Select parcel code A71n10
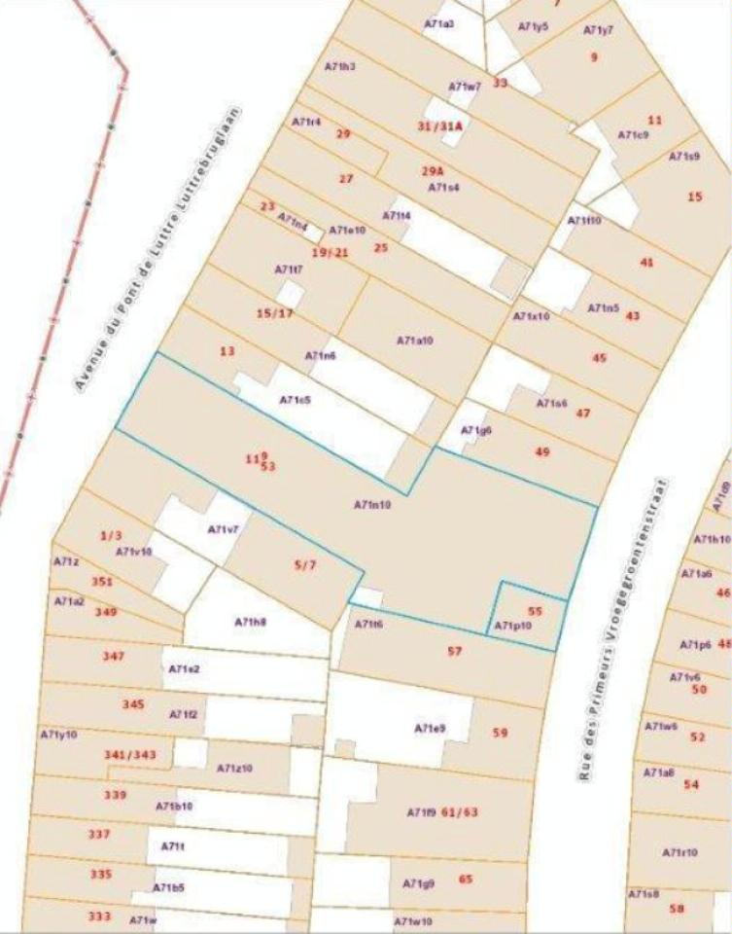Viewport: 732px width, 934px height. point(371,505)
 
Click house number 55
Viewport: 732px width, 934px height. point(534,611)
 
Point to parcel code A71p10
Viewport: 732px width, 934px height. point(513,626)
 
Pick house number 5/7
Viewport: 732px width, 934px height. point(304,564)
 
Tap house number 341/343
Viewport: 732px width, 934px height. point(130,754)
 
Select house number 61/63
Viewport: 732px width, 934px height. point(460,811)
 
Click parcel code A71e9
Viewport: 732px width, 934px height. point(430,728)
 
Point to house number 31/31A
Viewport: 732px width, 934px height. point(439,126)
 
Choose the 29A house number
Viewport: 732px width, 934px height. point(433,171)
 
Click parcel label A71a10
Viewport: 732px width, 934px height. point(414,341)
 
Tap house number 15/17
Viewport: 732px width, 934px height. point(274,313)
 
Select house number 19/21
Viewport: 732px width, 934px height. point(329,252)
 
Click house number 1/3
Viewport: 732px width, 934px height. point(111,535)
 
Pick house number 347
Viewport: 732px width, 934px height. point(114,657)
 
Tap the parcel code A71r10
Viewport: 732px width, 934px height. point(680,852)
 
